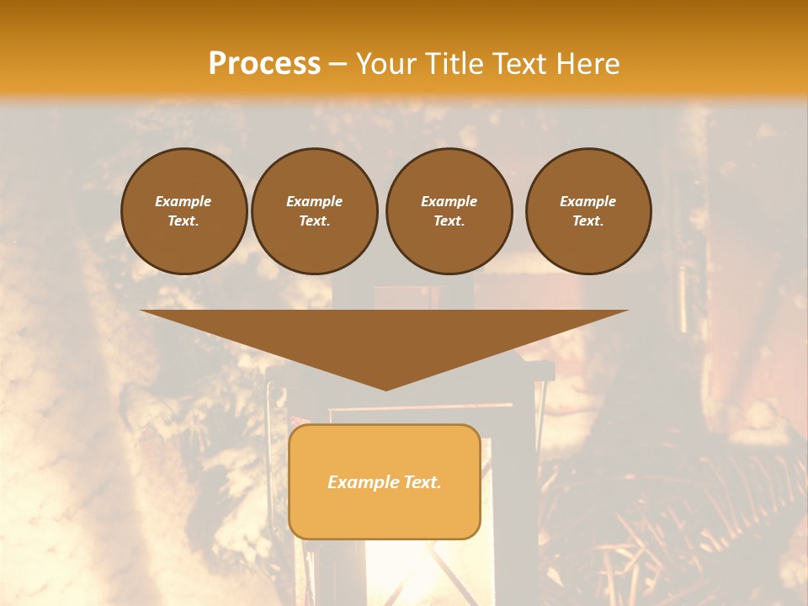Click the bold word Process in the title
point(264,64)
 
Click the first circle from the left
point(183,211)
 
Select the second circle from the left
point(315,211)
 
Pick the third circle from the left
point(449,211)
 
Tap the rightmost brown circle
point(588,211)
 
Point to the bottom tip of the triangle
point(385,389)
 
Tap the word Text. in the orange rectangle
point(423,482)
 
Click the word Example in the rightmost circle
point(588,201)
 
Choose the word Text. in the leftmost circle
point(183,221)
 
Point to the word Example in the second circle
point(315,201)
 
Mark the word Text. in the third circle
point(449,221)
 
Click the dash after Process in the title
point(338,64)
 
